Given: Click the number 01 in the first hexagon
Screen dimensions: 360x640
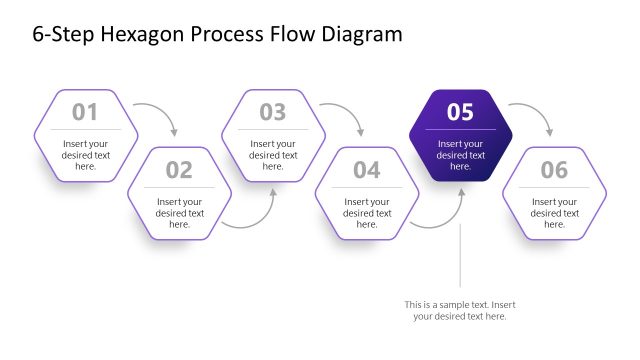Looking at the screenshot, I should (85, 112).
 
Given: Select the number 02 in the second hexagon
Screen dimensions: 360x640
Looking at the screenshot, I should (179, 170).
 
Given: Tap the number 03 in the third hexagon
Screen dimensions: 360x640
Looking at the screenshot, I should (273, 112).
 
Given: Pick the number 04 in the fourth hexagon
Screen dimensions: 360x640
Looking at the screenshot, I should (367, 170).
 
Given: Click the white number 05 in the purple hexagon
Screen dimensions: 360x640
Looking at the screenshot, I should (460, 112).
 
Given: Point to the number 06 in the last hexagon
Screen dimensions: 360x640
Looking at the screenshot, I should (554, 170).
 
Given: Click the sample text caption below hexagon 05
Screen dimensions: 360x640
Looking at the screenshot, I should (460, 310).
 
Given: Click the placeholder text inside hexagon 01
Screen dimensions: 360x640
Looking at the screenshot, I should (85, 155).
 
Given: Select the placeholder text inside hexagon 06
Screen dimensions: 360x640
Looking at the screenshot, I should (554, 213).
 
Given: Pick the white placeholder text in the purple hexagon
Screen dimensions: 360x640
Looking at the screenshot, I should (460, 155).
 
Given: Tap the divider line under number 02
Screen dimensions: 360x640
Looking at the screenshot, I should (179, 187).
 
